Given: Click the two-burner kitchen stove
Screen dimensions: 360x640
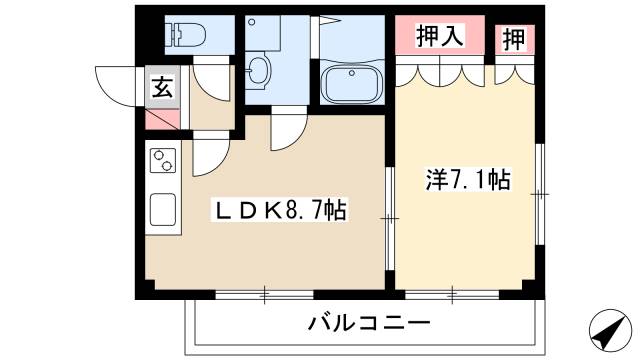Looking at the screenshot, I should [x=163, y=160].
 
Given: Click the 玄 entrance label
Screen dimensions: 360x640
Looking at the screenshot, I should [x=162, y=87].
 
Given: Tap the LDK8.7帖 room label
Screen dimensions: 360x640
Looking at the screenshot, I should [x=277, y=211].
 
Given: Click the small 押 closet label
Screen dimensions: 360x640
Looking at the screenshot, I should [x=514, y=39].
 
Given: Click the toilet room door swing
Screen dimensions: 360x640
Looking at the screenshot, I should [x=212, y=76].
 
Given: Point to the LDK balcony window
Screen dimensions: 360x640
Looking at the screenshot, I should [x=265, y=293].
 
